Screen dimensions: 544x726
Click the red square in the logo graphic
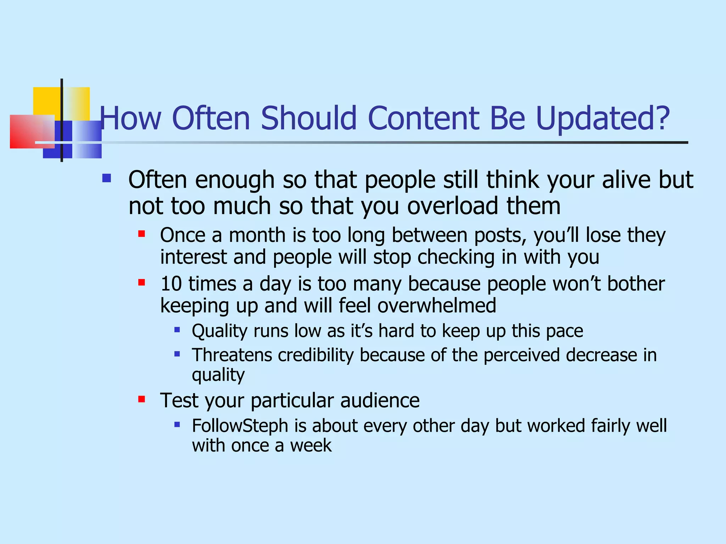tap(27, 132)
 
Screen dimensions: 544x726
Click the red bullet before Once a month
tap(142, 234)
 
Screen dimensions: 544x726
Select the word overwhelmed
tap(436, 306)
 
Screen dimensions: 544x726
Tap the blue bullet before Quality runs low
tap(177, 330)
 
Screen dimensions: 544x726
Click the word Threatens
tap(232, 355)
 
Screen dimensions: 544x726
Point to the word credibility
tap(315, 355)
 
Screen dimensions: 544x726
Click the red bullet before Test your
tap(142, 399)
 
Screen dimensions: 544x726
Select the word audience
tap(380, 401)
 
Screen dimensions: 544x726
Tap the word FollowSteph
tap(240, 426)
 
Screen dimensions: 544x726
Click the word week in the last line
tap(311, 446)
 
